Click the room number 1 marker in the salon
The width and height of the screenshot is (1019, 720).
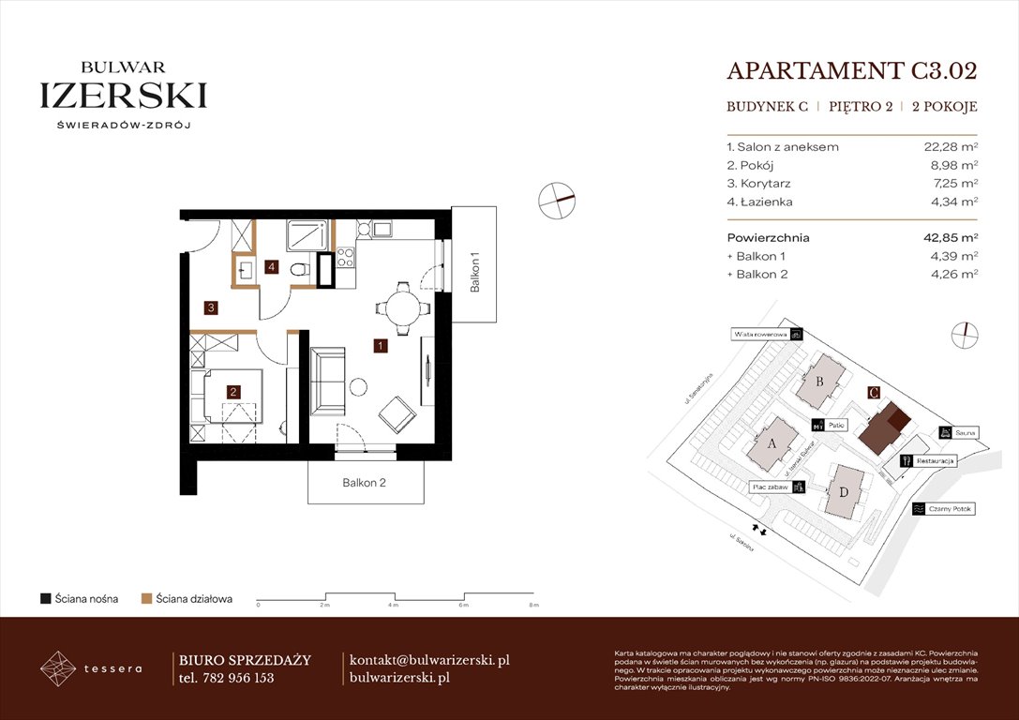[x=380, y=345]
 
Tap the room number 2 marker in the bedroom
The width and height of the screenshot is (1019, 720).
[x=233, y=393]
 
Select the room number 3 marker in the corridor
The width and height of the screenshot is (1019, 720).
[x=213, y=307]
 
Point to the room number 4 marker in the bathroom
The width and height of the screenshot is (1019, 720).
[x=271, y=267]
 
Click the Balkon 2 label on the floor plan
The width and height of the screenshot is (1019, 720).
[x=364, y=484]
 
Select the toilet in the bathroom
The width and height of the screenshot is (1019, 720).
[x=299, y=271]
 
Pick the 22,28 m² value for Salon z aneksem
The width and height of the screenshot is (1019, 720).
[x=951, y=147]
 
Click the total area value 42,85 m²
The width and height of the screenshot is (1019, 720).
[x=949, y=238]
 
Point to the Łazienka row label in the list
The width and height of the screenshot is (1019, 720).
[x=760, y=202]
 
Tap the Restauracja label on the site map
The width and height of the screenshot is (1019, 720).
[x=935, y=461]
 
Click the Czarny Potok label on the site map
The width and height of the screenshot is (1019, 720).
[x=950, y=509]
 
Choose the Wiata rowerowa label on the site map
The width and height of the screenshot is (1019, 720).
[x=759, y=334]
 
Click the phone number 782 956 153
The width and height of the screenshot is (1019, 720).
[x=238, y=678]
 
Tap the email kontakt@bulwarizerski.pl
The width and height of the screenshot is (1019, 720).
[x=428, y=660]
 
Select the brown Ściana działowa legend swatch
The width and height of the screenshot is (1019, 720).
[x=146, y=598]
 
